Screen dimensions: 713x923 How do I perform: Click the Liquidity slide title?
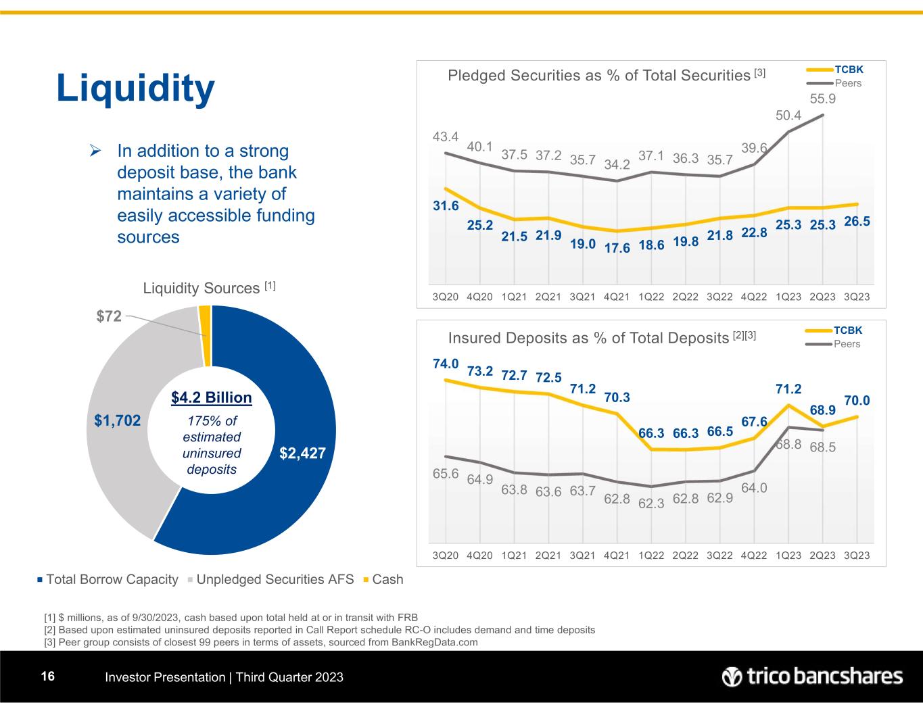(x=135, y=89)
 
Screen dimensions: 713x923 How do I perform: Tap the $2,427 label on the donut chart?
(x=302, y=453)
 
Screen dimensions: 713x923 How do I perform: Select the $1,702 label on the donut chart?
(x=118, y=421)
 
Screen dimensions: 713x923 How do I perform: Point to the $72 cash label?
(x=108, y=315)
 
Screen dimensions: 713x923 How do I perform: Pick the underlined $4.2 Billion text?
(x=212, y=397)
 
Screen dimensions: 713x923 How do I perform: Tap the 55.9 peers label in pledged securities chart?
(x=822, y=99)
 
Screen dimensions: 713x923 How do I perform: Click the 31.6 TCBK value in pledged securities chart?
(x=446, y=206)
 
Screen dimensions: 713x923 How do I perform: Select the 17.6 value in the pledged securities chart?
(x=617, y=248)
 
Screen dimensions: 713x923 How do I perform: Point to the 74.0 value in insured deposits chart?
(x=446, y=364)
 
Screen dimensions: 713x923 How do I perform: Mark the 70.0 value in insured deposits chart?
(x=857, y=401)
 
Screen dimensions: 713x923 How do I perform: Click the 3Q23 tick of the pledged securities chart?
(x=857, y=297)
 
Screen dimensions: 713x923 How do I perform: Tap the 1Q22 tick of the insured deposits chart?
(x=651, y=556)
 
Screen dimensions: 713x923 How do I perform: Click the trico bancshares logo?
(x=812, y=677)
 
